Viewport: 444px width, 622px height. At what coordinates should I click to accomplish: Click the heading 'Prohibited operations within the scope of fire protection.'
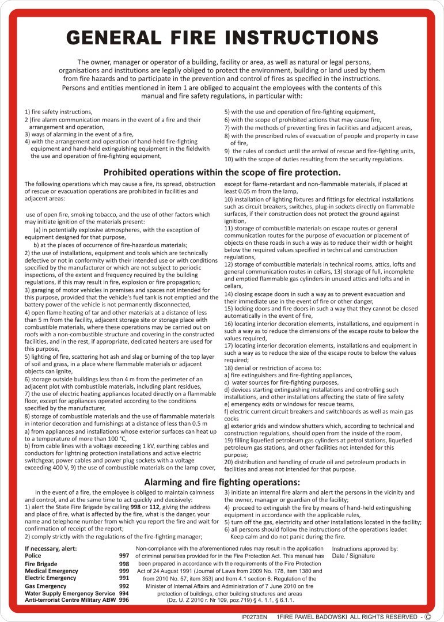222,172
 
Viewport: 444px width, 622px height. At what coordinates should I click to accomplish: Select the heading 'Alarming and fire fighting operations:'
222,481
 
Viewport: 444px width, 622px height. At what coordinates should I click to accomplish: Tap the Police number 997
124,555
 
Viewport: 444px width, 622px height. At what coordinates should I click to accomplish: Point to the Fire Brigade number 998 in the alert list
124,564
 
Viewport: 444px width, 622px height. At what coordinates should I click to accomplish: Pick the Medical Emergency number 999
124,571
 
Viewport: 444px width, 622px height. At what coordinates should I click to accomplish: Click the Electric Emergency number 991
124,578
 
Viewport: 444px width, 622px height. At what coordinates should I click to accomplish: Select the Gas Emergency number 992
124,586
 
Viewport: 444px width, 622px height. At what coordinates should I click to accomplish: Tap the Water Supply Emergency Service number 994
124,593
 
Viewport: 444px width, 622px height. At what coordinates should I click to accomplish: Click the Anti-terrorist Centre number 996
124,600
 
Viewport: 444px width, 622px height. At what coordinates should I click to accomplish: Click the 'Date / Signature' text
353,556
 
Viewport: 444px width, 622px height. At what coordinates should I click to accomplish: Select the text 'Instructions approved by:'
365,549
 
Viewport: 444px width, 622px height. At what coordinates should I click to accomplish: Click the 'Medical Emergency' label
51,571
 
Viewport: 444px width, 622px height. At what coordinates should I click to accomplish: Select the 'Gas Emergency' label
45,586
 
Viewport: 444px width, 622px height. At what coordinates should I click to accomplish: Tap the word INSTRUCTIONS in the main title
301,38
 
